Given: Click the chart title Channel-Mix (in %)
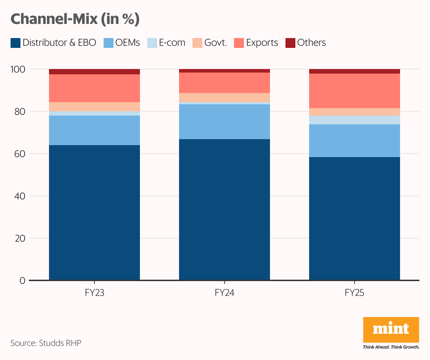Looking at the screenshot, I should pyautogui.click(x=75, y=19).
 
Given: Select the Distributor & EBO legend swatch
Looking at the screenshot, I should pyautogui.click(x=16, y=43).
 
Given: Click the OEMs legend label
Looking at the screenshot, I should pyautogui.click(x=127, y=43).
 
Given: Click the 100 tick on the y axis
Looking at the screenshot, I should pyautogui.click(x=18, y=69).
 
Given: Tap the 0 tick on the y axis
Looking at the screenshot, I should pyautogui.click(x=23, y=281).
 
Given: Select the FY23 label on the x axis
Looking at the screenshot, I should pyautogui.click(x=94, y=293).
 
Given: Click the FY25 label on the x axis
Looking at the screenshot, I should pyautogui.click(x=354, y=293).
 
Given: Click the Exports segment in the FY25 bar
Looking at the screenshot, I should pyautogui.click(x=354, y=91).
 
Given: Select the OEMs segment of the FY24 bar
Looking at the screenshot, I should pyautogui.click(x=224, y=122).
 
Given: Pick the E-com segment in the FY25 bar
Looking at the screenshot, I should pyautogui.click(x=354, y=120).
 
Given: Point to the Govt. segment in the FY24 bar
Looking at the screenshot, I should pyautogui.click(x=224, y=98).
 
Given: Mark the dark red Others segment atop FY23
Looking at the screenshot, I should pyautogui.click(x=94, y=72).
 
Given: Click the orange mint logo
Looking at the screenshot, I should pyautogui.click(x=391, y=329).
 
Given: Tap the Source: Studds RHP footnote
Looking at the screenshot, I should pyautogui.click(x=46, y=343).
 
